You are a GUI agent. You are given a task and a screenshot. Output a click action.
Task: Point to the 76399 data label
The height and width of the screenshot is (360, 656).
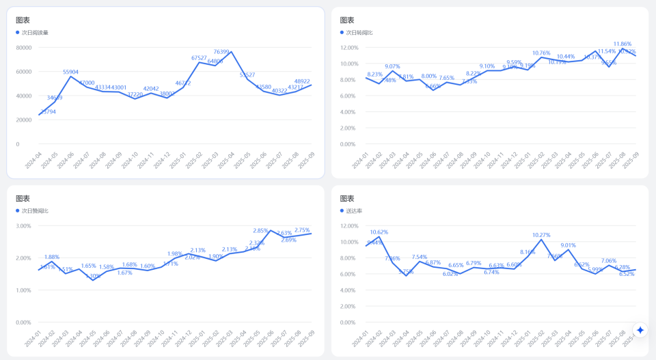click(221, 52)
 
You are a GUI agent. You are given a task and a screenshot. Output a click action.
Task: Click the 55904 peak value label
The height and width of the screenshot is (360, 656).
click(70, 72)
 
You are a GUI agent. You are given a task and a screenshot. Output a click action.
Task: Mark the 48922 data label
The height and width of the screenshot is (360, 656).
click(302, 81)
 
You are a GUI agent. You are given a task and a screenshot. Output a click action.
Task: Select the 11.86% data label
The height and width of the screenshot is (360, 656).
click(622, 44)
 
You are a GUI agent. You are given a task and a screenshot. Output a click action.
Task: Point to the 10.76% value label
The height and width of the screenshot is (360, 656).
click(541, 53)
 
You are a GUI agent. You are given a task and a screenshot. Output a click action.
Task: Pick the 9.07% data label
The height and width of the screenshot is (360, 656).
click(392, 66)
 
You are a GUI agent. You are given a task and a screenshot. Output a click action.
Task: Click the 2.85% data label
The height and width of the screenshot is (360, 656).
click(260, 231)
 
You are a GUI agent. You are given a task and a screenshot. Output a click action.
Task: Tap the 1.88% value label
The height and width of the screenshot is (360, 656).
click(52, 257)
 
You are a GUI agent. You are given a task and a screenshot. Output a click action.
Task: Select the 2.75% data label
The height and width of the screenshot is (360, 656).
click(302, 230)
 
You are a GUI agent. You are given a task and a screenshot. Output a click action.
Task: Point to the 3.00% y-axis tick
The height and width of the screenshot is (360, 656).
click(23, 226)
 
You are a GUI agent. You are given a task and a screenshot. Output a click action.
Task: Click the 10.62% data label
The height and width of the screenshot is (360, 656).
click(379, 232)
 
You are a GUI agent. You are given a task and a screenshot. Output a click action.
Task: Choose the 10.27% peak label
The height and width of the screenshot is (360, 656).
click(541, 235)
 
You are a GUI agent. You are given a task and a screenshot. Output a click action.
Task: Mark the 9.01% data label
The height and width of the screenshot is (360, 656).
click(569, 245)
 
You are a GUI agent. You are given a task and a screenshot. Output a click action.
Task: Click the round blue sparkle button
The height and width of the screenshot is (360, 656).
click(640, 330)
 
